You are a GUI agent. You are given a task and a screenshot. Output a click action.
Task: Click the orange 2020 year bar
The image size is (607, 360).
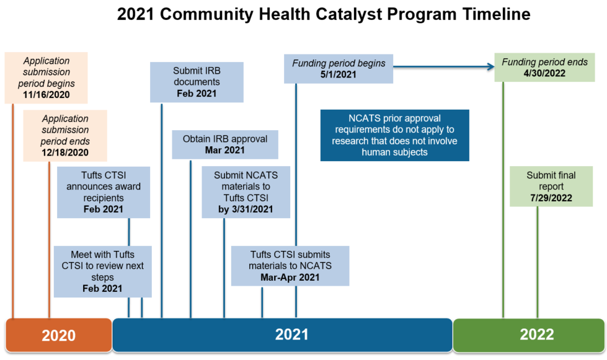point(58,335)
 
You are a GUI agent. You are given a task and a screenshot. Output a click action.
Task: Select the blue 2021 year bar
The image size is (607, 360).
point(282,335)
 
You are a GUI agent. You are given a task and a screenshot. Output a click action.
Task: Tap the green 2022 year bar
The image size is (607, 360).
point(529,335)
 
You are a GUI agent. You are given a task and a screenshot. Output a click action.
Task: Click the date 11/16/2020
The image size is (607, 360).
point(47,95)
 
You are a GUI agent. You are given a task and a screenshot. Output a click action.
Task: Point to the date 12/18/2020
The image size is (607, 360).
point(65,152)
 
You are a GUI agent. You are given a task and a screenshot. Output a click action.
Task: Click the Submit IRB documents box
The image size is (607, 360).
point(197,82)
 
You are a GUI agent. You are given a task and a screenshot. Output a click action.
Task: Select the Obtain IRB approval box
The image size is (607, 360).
point(225,144)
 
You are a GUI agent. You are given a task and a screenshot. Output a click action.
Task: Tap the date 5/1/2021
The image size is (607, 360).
point(339,74)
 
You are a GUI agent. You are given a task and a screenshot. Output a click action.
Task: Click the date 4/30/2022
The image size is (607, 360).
point(544,74)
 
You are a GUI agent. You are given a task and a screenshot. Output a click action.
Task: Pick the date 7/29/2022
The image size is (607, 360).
point(551,198)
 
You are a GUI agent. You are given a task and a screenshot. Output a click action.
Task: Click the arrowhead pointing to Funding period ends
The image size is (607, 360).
point(491,67)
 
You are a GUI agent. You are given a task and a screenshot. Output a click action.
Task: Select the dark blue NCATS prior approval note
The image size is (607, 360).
point(394,135)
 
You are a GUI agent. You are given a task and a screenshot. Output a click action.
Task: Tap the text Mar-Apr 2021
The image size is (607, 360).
point(290,277)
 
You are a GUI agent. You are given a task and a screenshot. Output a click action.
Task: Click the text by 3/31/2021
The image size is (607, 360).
point(246,209)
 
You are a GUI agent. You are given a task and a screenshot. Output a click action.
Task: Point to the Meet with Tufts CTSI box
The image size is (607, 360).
point(102,271)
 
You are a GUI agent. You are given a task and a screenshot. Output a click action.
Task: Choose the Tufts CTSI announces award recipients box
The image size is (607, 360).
point(104,192)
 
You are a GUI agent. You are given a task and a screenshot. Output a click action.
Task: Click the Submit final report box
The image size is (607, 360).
point(551,187)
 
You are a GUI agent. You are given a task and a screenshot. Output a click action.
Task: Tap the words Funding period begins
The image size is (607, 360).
point(339,63)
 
